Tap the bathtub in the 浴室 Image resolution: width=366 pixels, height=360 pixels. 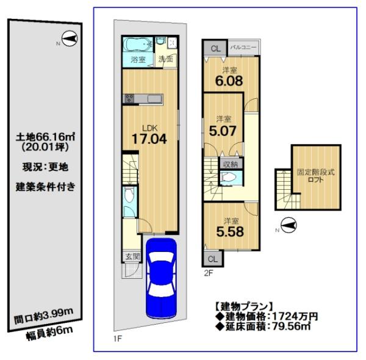pos(137,45)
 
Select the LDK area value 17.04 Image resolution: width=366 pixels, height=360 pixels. pos(149,139)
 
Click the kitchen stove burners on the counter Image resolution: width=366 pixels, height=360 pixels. pos(129,98)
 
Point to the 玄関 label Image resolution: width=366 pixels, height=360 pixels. pos(132,257)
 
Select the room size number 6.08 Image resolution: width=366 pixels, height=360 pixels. pos(229,81)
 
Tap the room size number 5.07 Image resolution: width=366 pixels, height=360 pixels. pos(223,131)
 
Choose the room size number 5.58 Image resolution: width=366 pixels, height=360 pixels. pos(230,232)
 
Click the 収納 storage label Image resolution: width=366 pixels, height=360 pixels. pos(230,164)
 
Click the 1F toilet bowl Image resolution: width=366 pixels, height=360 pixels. pos(129,195)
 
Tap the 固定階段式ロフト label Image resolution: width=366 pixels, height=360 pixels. pos(315,176)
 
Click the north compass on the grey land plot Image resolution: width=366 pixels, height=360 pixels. pos(70,38)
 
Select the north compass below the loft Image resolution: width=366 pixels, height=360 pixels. pos(289,225)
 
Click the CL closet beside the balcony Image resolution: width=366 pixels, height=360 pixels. pos(215,49)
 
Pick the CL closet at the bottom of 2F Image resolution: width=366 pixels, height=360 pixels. pos(212,259)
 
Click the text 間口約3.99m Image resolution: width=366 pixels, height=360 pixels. pos(44,316)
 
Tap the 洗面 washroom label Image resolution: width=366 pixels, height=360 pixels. pos(166,59)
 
